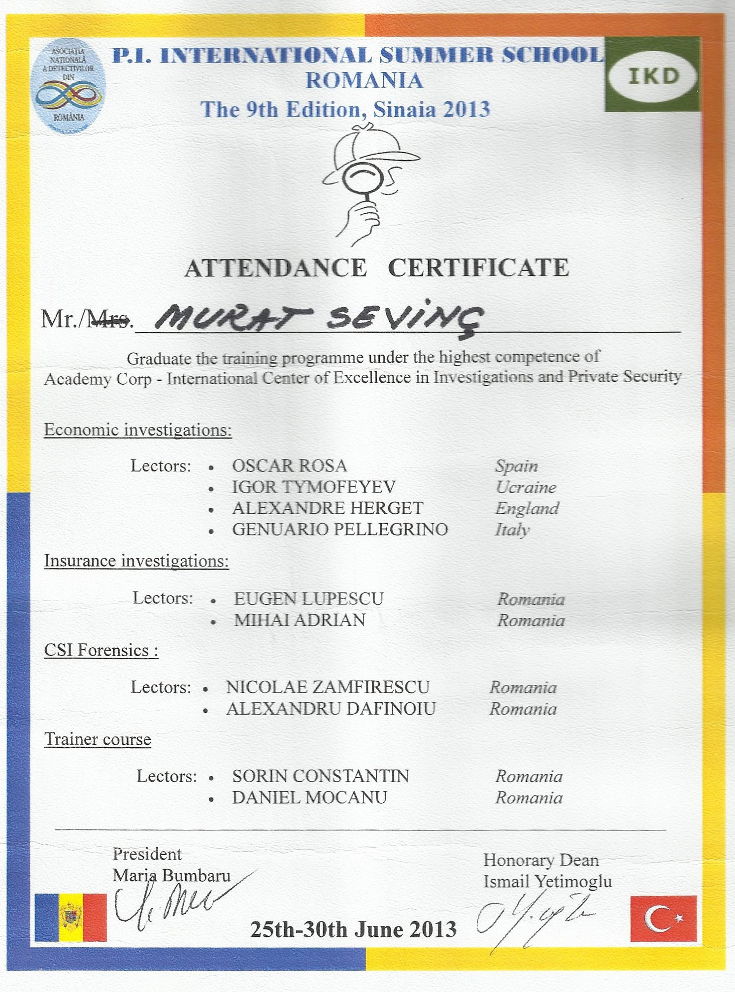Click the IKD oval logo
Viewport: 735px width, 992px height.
pos(653,76)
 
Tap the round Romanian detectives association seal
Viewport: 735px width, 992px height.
pos(68,87)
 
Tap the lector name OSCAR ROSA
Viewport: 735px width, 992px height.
pos(290,465)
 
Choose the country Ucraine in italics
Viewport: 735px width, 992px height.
pos(526,487)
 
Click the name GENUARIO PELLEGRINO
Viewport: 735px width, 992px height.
pos(340,529)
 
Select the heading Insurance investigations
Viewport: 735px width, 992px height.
pos(136,561)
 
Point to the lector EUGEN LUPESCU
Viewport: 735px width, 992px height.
pos(308,599)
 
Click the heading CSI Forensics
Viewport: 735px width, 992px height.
pos(101,650)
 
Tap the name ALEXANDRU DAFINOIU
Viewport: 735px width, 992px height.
pos(331,709)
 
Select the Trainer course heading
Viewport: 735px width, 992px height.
pos(98,739)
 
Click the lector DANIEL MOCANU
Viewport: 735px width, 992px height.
pos(309,797)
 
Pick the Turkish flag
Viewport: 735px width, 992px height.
pos(663,918)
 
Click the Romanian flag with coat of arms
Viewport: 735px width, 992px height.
pos(70,917)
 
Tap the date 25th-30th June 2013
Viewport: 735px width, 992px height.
pos(353,929)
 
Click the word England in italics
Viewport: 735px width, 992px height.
pos(527,508)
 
